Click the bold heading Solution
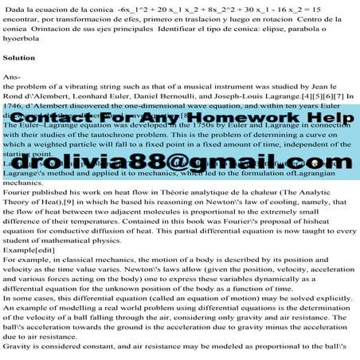tap(19, 57)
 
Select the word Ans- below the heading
tap(12, 75)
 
